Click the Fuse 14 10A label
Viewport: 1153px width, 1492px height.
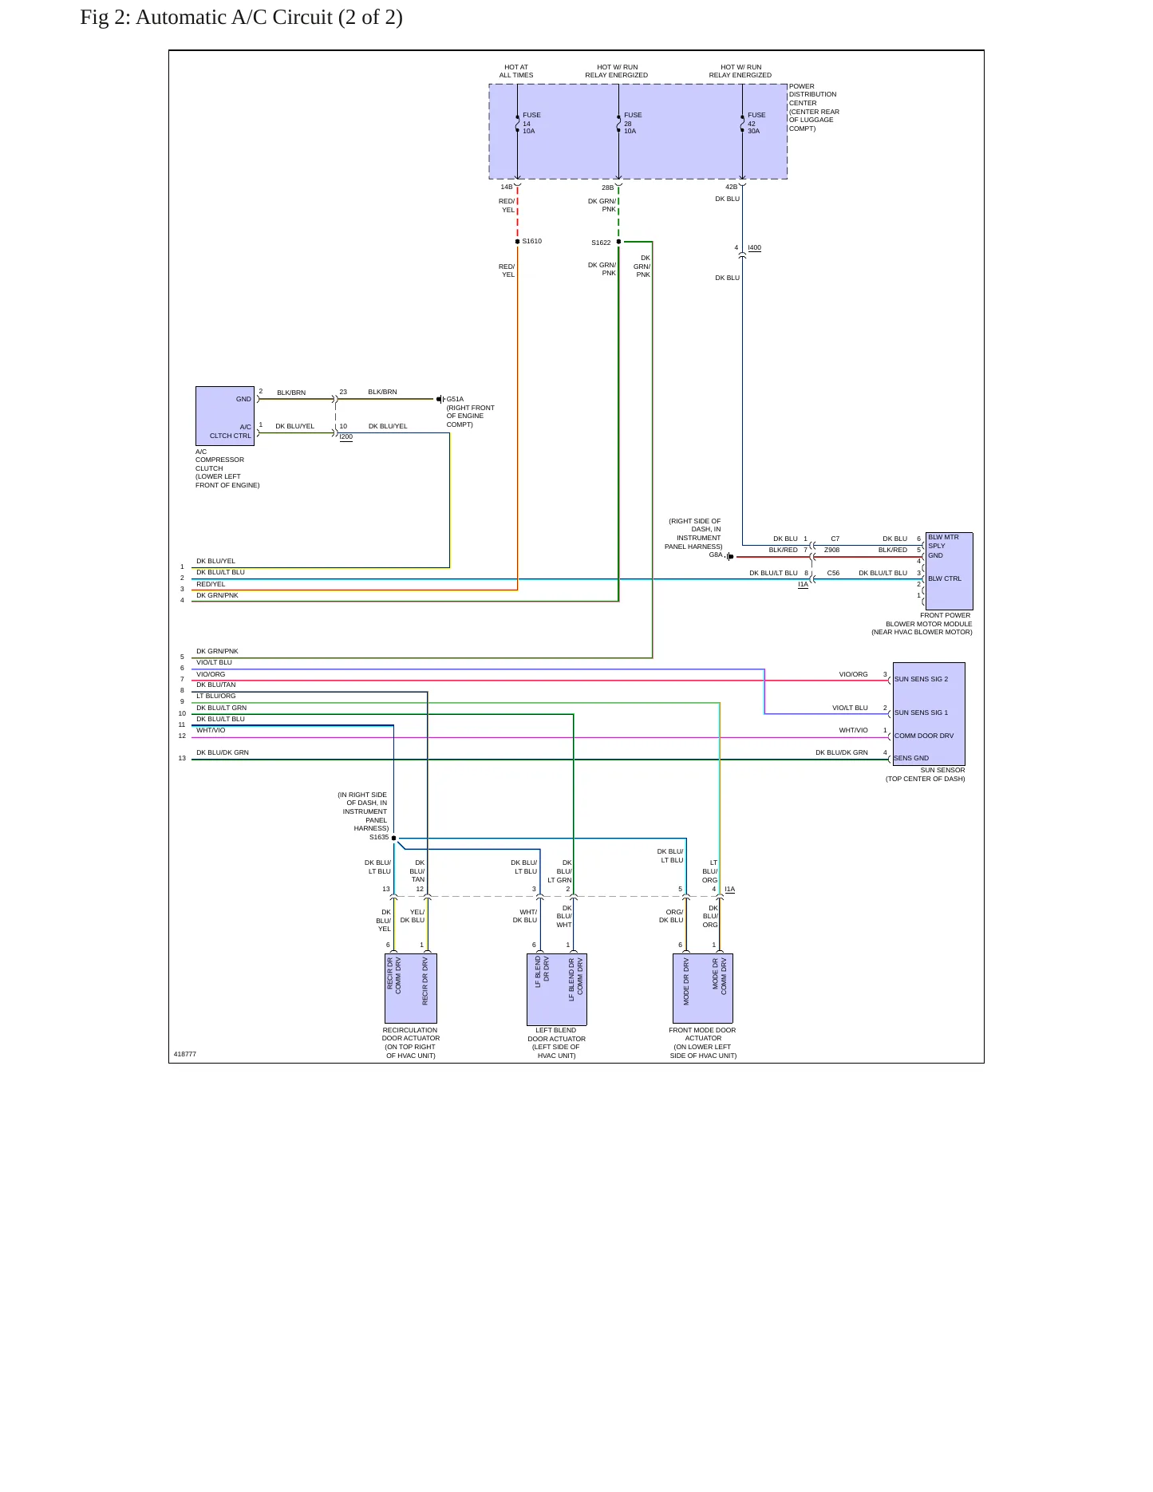531,123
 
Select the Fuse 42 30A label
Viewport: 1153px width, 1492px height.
756,123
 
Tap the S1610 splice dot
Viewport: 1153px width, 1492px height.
518,241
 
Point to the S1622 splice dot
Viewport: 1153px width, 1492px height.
618,242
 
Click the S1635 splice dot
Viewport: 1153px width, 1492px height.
393,838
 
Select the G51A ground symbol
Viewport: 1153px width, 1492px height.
440,399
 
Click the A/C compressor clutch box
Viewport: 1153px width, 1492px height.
225,416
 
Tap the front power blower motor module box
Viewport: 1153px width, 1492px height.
949,571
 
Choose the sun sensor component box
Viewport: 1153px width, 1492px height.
929,714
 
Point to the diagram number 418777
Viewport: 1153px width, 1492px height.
185,1054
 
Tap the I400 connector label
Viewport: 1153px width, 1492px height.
755,247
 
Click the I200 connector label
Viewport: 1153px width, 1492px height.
346,436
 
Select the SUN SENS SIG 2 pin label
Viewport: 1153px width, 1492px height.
921,679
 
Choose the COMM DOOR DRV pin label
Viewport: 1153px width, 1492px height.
924,736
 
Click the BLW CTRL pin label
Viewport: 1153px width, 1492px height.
945,578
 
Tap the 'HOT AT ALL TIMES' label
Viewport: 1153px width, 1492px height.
516,71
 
